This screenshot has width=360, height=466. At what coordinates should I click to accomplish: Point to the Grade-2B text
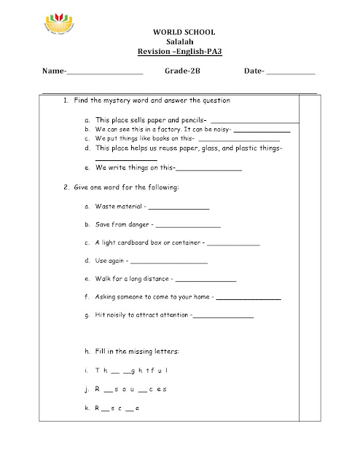pos(181,72)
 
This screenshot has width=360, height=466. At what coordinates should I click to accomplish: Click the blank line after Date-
pos(291,74)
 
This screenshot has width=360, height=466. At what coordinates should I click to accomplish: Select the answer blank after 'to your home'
pos(248,299)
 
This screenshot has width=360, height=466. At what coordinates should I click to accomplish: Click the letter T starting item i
pos(96,371)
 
